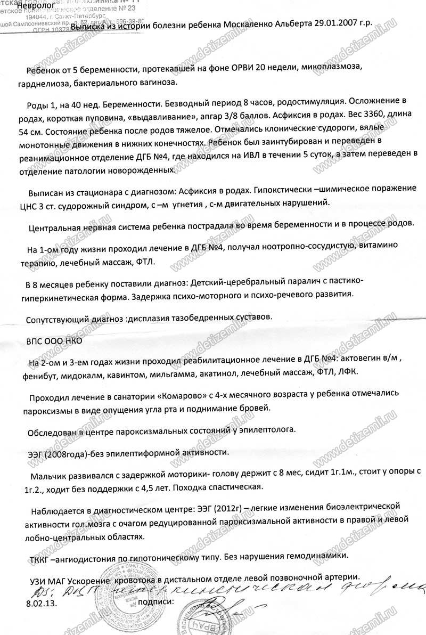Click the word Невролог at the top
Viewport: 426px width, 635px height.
click(36, 6)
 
